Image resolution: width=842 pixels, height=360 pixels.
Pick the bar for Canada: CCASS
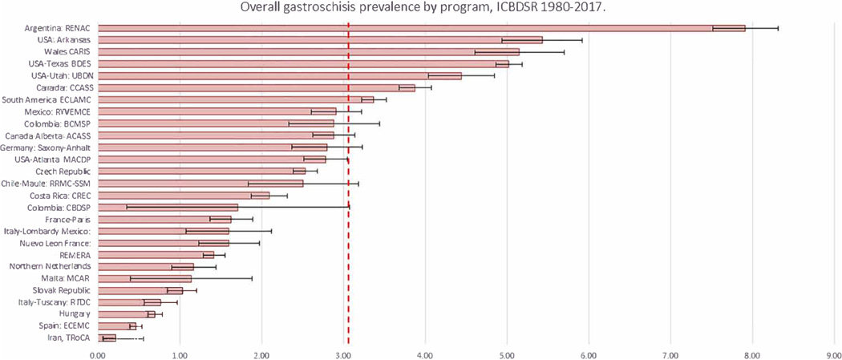(257, 87)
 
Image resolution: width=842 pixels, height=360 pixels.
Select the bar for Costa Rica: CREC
(184, 195)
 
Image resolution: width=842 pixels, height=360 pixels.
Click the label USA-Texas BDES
(57, 64)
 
